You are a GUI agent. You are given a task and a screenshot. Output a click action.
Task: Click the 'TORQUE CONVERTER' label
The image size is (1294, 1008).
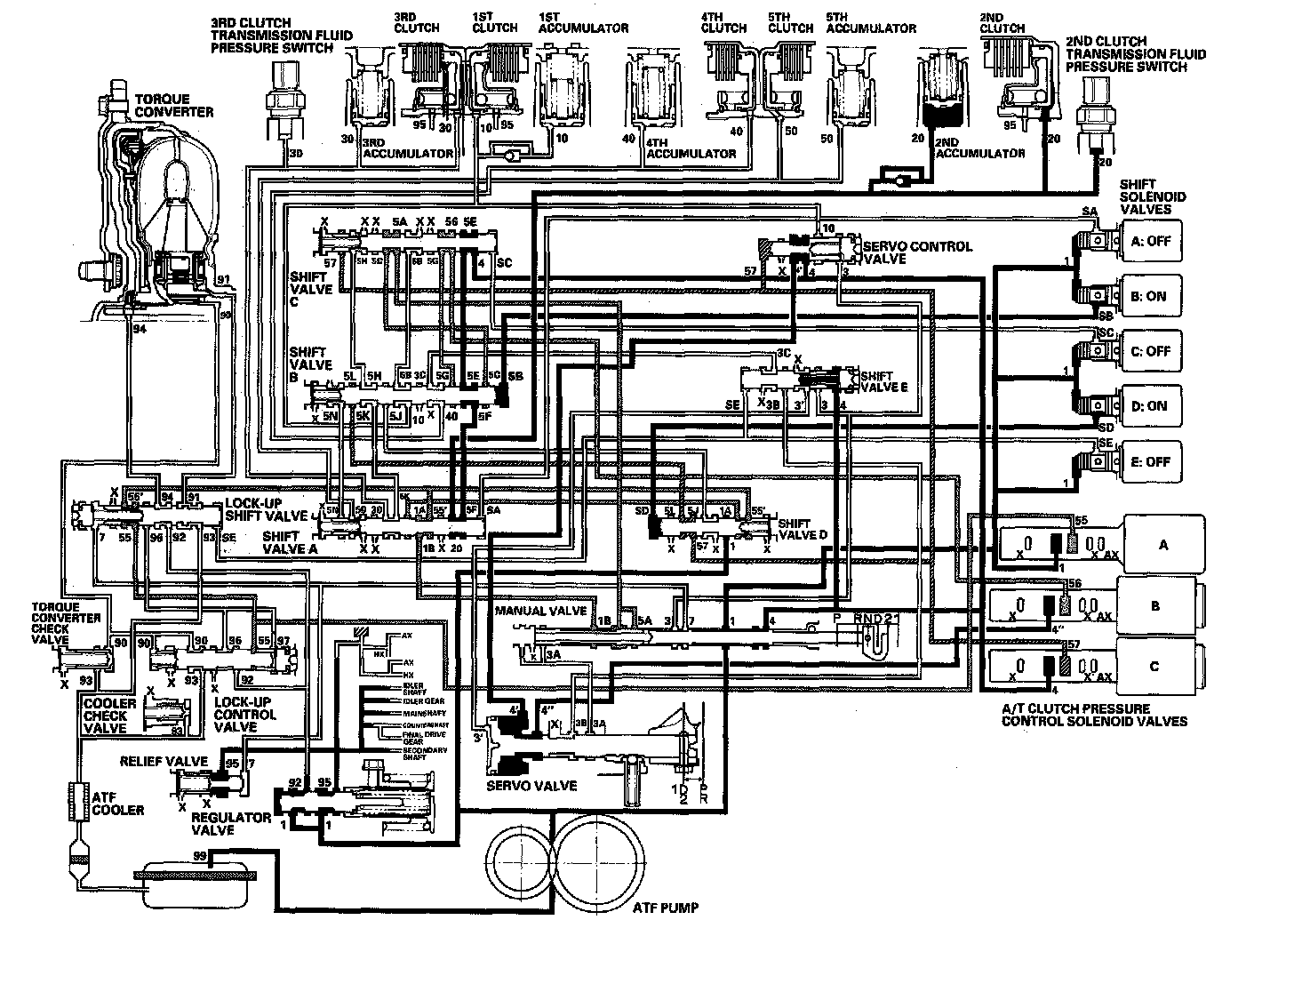173,105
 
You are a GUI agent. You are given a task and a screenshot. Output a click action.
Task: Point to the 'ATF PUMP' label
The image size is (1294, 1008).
665,908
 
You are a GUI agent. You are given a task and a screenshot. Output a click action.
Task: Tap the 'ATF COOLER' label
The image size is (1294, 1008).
115,804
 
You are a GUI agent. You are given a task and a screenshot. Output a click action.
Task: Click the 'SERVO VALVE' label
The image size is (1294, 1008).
531,786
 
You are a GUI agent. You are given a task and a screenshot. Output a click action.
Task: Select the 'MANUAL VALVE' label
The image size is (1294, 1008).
540,612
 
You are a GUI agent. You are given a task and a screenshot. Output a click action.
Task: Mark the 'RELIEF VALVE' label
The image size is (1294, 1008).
164,762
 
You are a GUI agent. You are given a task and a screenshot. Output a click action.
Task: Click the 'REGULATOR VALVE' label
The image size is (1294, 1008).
231,823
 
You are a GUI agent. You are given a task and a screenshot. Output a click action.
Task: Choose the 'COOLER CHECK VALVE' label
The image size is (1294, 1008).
109,716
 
